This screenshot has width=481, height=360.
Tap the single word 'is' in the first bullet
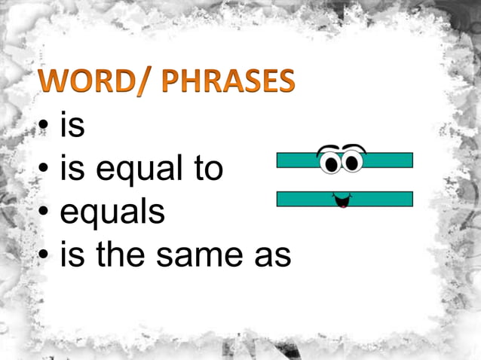click(x=72, y=127)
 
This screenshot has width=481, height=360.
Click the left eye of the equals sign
click(x=329, y=161)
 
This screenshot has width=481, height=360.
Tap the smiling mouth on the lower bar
click(x=342, y=200)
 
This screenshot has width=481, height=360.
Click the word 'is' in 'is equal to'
click(x=72, y=169)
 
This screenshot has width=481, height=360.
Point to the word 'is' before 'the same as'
click(x=72, y=255)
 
